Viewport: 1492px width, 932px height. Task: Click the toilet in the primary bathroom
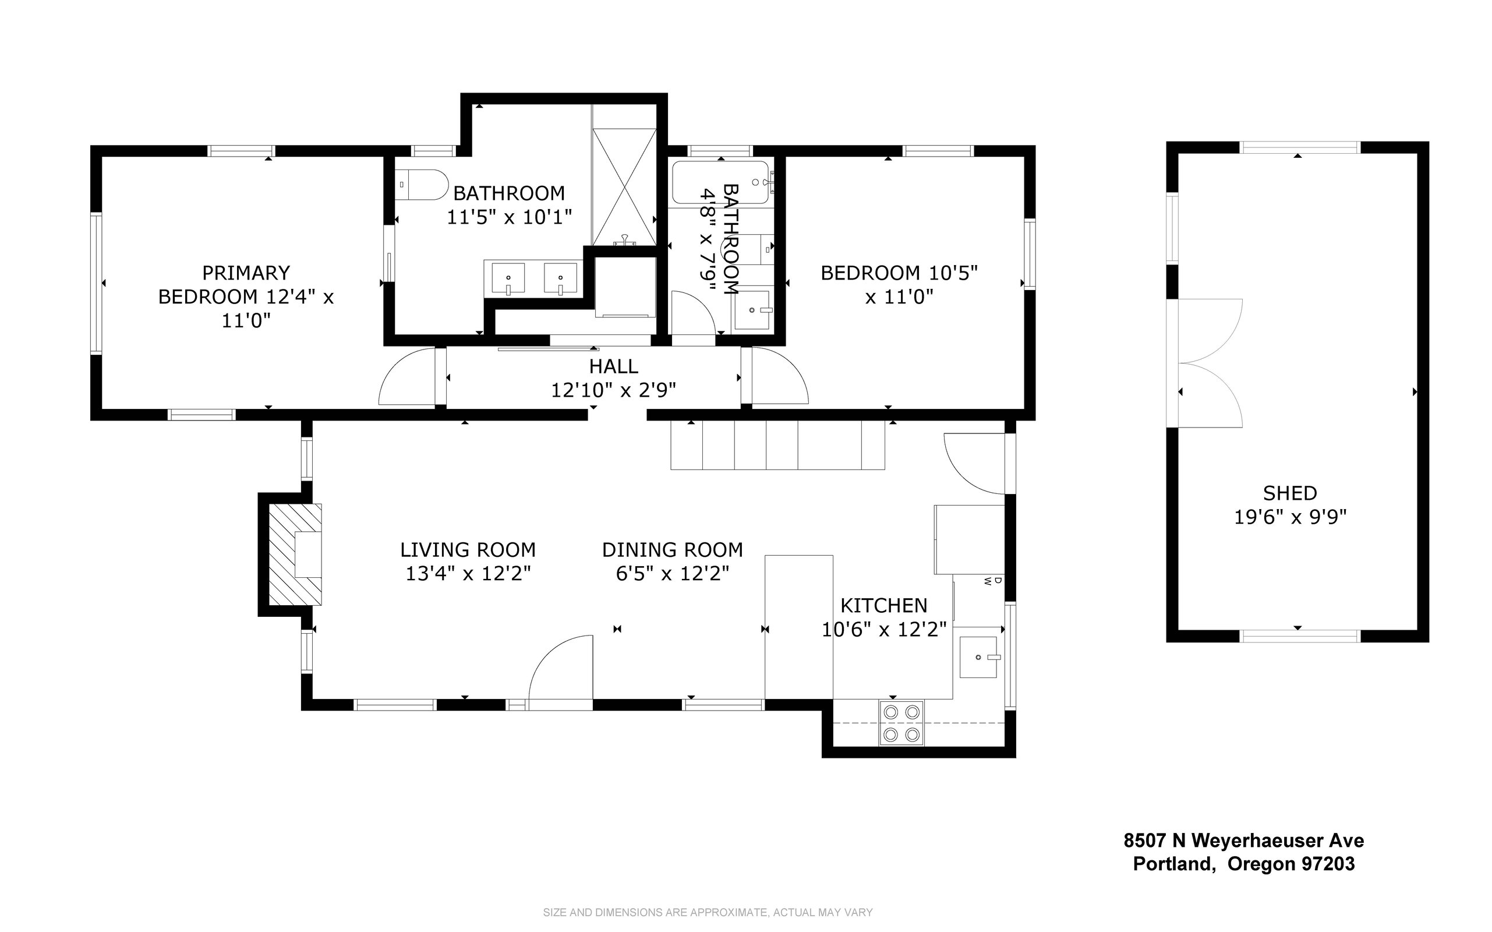(422, 184)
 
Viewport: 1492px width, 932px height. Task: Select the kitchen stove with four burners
(901, 723)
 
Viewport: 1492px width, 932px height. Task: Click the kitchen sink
(978, 657)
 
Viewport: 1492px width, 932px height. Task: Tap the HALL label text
(613, 366)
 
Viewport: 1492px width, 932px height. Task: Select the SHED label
(1290, 493)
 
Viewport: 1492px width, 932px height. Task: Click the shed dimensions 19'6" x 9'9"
(1290, 517)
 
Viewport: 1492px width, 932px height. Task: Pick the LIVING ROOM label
(468, 550)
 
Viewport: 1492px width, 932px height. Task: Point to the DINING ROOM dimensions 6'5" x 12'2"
(673, 574)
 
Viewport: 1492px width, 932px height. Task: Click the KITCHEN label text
(884, 606)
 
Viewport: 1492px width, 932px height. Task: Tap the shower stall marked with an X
(624, 187)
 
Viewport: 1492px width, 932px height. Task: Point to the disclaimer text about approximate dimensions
(708, 912)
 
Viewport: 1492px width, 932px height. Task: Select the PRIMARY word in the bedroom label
(246, 273)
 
